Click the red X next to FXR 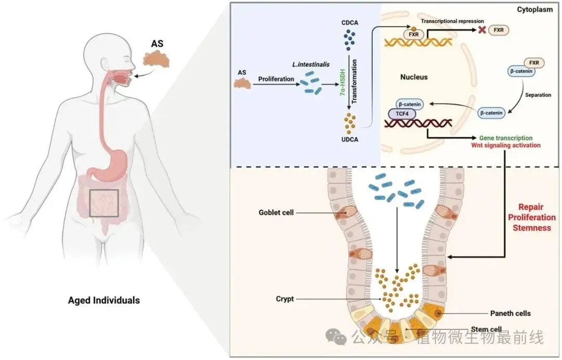point(482,30)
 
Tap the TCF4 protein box point(402,114)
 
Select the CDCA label point(350,22)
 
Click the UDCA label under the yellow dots point(350,139)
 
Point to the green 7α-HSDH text point(342,83)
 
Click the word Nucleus point(414,77)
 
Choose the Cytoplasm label point(535,10)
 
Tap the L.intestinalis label point(311,65)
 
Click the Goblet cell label point(276,212)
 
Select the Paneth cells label point(510,313)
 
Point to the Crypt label point(285,299)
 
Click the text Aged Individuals point(104,300)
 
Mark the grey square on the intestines point(104,203)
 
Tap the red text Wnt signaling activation point(506,146)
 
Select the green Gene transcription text point(506,138)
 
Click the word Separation point(538,95)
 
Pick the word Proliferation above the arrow point(276,79)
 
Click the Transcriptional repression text point(452,21)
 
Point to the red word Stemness point(531,227)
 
